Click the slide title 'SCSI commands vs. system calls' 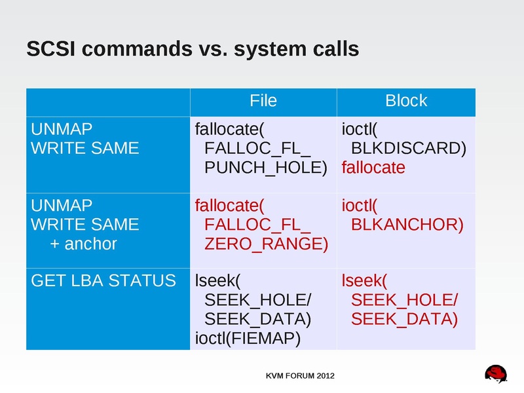(192, 49)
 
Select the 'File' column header (263, 100)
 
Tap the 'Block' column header (405, 100)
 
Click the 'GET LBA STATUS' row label (103, 281)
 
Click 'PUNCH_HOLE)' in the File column (266, 168)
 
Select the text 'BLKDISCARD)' (409, 148)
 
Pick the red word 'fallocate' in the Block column (373, 168)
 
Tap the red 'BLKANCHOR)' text (407, 225)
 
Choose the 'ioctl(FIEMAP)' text (248, 339)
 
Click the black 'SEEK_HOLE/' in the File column (258, 301)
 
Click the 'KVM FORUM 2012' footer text (300, 376)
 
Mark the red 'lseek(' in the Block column (365, 281)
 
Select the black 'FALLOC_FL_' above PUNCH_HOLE (258, 148)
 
